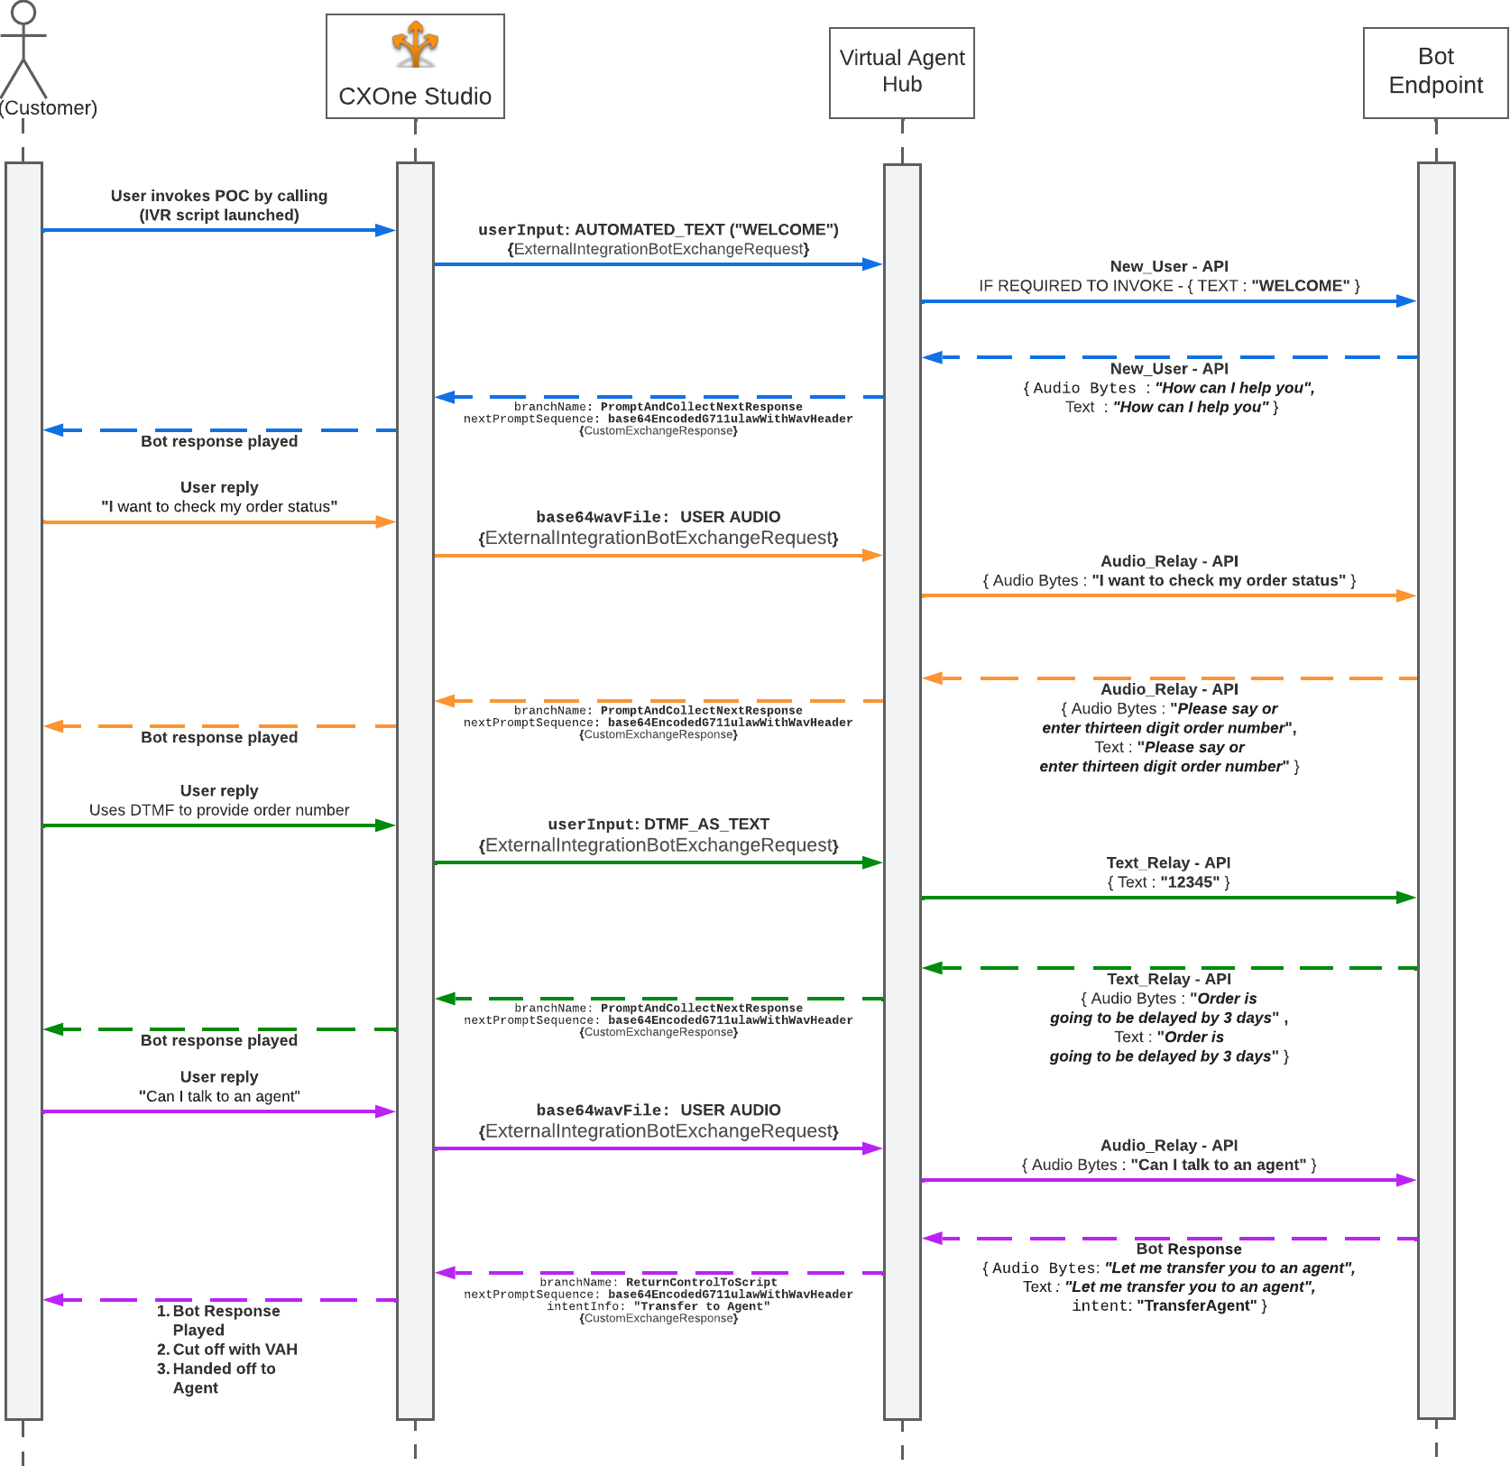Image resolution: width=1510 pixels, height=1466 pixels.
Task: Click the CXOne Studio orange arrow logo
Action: [415, 44]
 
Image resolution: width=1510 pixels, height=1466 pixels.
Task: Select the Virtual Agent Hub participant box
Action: [901, 72]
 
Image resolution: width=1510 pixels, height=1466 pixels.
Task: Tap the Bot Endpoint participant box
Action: [1435, 72]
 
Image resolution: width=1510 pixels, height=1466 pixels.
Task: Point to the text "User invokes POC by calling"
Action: [219, 196]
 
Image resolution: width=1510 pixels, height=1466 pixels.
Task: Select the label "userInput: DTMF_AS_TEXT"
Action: [658, 825]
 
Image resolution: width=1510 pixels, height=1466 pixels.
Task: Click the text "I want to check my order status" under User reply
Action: [219, 507]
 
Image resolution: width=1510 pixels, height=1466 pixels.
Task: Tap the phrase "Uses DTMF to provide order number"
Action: [219, 810]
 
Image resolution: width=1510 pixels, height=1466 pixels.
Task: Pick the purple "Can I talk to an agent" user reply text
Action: [219, 1096]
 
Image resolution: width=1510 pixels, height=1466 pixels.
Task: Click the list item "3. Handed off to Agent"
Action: [216, 1378]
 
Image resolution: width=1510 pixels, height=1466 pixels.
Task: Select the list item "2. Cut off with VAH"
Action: [226, 1350]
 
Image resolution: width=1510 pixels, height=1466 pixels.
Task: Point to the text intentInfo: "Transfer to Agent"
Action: [658, 1306]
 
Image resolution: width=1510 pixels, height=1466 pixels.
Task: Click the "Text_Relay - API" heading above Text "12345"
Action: [1168, 863]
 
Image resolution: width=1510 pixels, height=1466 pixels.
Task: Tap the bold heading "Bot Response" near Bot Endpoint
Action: [1188, 1249]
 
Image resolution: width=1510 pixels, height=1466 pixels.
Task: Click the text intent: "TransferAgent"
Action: [1169, 1305]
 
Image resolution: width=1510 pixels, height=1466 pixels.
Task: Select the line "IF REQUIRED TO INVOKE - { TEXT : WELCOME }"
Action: [1169, 286]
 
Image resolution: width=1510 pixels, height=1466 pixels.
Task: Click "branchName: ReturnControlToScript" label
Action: [658, 1282]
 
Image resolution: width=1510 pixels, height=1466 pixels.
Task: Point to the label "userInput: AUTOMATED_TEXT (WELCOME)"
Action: [658, 230]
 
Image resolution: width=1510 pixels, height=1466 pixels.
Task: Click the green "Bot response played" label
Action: [219, 1040]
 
